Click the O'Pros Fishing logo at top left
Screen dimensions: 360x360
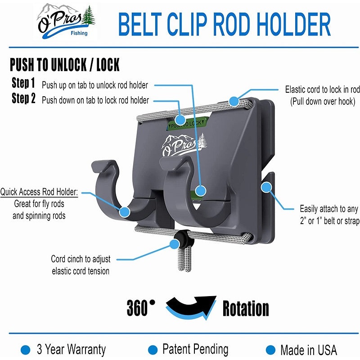click(x=66, y=21)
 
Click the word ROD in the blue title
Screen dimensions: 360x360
click(x=231, y=24)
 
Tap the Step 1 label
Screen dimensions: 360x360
click(x=23, y=83)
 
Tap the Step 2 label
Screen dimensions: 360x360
click(x=23, y=98)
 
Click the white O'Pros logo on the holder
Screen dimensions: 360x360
click(x=184, y=144)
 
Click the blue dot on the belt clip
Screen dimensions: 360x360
click(x=266, y=187)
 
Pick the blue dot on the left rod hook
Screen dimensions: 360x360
click(x=125, y=212)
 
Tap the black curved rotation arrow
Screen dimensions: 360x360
click(x=191, y=306)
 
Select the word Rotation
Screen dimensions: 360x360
click(x=246, y=308)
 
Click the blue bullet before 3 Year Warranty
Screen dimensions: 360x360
click(x=26, y=350)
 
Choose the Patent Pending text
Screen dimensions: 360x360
click(x=195, y=350)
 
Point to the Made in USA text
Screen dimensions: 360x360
click(x=309, y=350)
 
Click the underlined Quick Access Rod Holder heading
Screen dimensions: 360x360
click(x=39, y=192)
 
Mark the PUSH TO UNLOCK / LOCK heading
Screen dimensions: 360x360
click(x=64, y=64)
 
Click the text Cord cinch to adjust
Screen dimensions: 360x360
click(x=81, y=259)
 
